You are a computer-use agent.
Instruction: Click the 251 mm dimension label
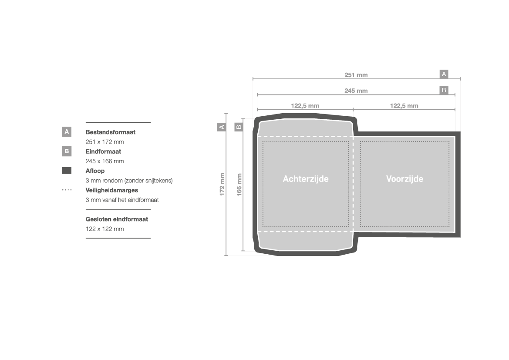coord(356,75)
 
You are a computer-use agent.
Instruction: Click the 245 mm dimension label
coord(356,91)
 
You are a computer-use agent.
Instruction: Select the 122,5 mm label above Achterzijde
coord(305,106)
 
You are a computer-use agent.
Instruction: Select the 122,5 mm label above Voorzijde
coord(404,106)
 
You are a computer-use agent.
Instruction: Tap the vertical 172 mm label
coord(222,185)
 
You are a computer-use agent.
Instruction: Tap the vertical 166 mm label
coord(239,185)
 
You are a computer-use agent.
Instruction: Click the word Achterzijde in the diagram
coord(306,179)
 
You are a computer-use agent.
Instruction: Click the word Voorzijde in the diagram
coord(405,179)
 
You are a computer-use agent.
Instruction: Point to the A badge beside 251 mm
coord(444,74)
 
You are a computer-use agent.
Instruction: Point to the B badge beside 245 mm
coord(444,90)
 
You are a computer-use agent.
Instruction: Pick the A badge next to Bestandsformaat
coord(67,132)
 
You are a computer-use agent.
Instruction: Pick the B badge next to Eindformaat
coord(67,151)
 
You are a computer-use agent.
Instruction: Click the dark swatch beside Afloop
coord(67,171)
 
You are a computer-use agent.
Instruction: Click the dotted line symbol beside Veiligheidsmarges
coord(67,190)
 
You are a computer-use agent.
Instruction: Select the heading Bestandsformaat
coord(110,132)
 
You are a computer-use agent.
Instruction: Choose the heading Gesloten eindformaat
coord(117,219)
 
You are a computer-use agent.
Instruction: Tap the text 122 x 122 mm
coord(104,229)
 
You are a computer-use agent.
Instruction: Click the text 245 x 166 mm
coord(104,161)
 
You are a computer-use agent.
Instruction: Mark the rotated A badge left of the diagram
coord(221,127)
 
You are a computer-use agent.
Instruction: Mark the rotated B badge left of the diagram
coord(239,127)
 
